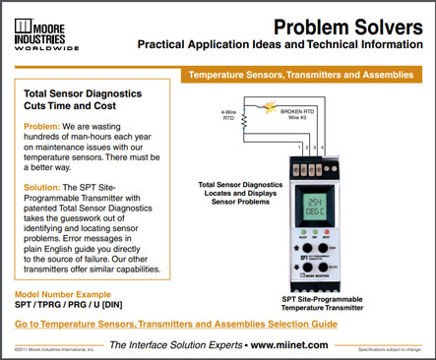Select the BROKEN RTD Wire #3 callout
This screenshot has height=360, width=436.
[x=296, y=116]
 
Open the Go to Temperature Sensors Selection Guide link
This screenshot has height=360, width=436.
[x=176, y=323]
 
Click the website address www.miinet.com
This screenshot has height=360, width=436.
[x=288, y=344]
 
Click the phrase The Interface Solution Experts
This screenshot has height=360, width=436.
[x=169, y=344]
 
